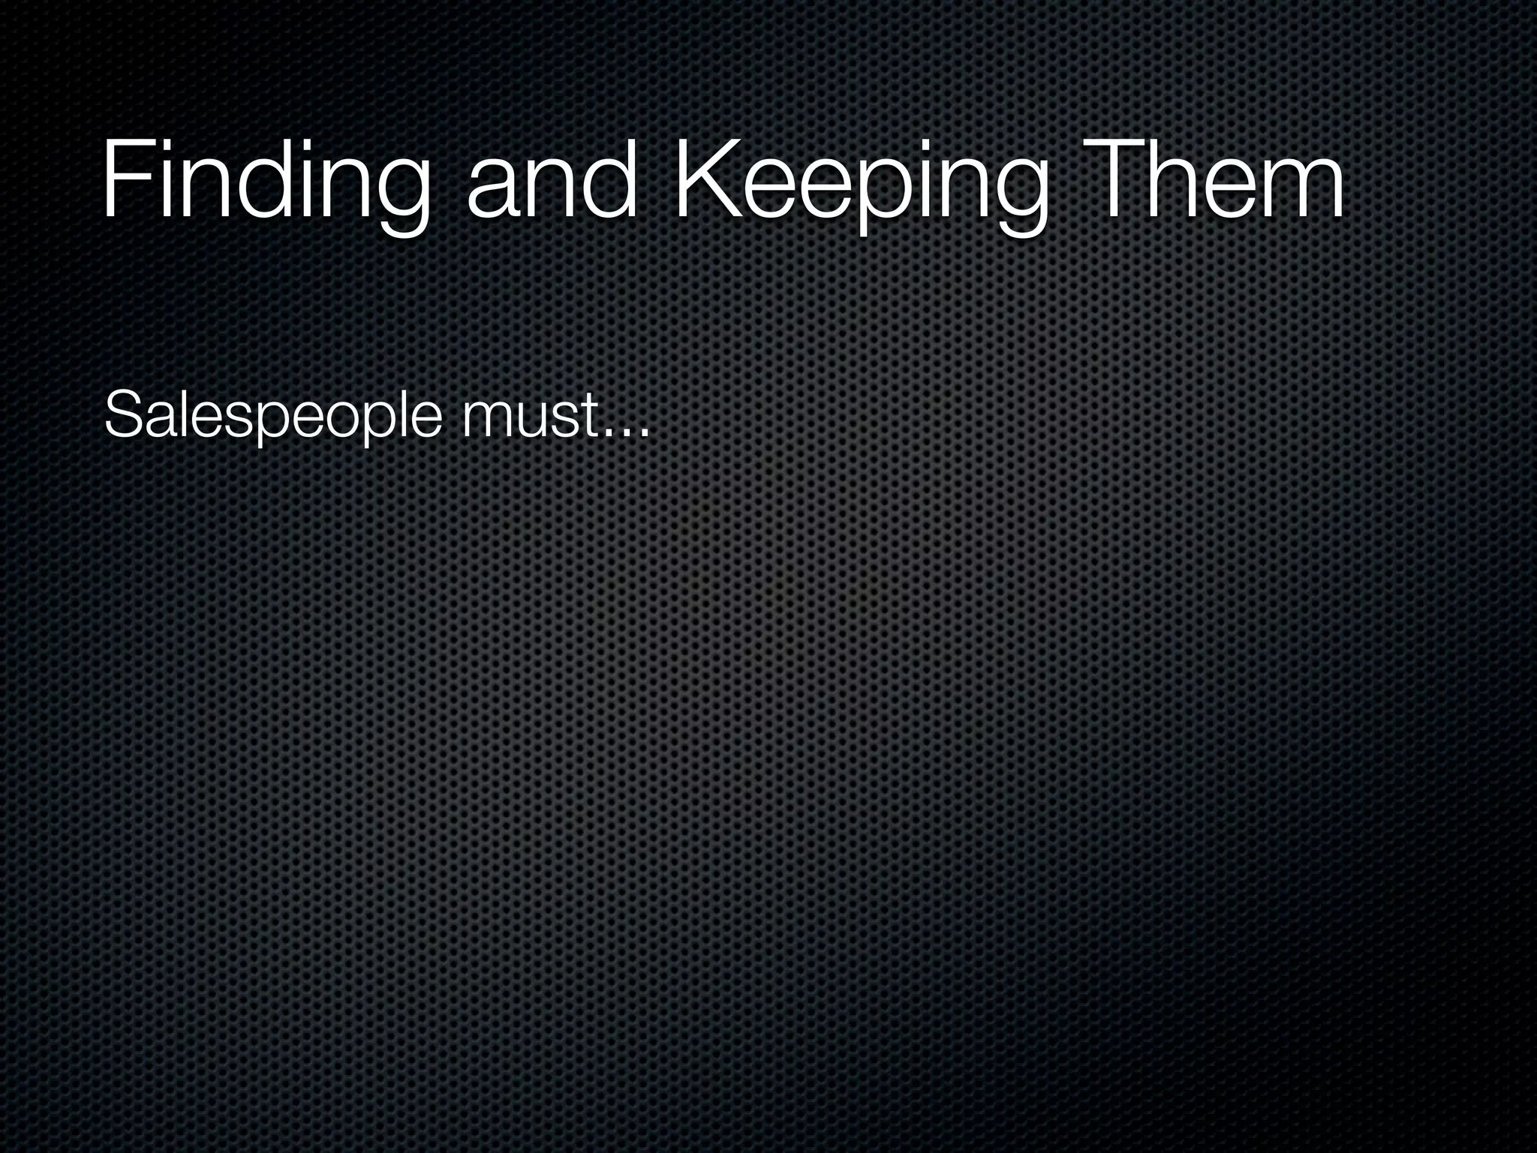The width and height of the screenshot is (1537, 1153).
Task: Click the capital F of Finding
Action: (124, 180)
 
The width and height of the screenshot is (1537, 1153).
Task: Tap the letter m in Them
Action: (1298, 191)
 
